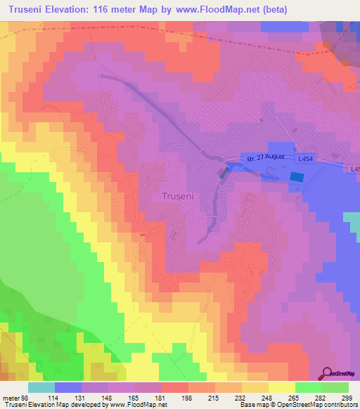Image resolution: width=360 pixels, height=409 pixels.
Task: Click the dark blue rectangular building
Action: [x=296, y=178]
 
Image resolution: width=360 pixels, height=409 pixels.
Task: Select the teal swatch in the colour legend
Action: [x=41, y=387]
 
